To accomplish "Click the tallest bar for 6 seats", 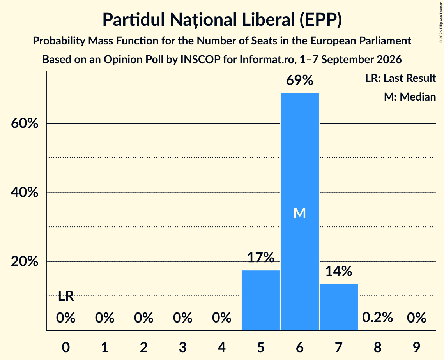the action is [300, 212].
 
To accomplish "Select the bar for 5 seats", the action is [260, 300].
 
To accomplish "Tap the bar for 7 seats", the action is [339, 307].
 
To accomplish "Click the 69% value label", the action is [300, 80].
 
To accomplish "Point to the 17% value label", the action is [260, 257].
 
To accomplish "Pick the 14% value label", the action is [339, 271].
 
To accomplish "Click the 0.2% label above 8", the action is [377, 318].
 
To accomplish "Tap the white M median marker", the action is [300, 213].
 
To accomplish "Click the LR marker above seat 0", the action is [66, 296].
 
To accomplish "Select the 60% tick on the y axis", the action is [24, 124].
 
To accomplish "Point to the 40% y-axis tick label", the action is [24, 192].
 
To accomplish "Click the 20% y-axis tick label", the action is [24, 261].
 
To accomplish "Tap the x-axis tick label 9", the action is [416, 347].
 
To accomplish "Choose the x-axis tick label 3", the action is [183, 347].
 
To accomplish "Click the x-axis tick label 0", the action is [66, 347].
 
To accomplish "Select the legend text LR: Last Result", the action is [400, 78].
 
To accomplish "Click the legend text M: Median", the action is [410, 97].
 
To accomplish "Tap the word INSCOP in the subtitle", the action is [200, 60].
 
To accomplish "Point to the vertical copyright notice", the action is [441, 22].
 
